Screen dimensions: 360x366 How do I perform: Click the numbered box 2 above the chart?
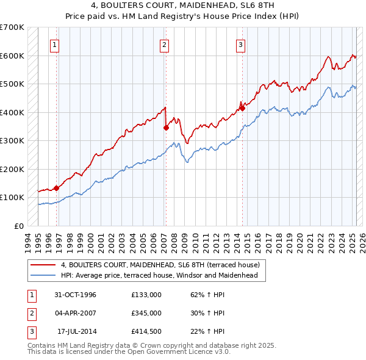coord(165,44)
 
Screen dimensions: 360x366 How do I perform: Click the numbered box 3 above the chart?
coord(240,44)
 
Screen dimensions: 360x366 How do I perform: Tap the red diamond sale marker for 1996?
coord(56,188)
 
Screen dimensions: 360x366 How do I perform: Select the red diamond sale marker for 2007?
coord(166,128)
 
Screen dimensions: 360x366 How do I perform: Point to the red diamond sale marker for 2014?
coord(242,109)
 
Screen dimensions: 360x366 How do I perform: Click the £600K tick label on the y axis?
coord(12,56)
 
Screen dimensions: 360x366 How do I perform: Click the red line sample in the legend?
coord(43,265)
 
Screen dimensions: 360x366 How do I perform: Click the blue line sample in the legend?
coord(43,275)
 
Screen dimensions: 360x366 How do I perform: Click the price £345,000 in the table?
coord(146,313)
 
